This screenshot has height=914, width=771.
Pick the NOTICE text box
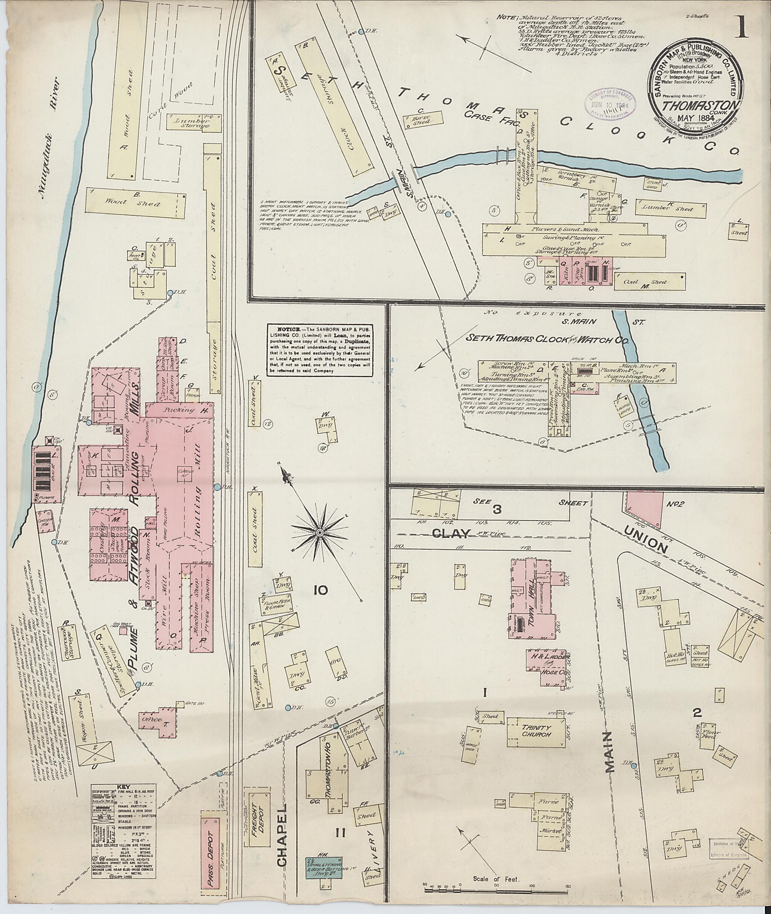pos(320,350)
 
